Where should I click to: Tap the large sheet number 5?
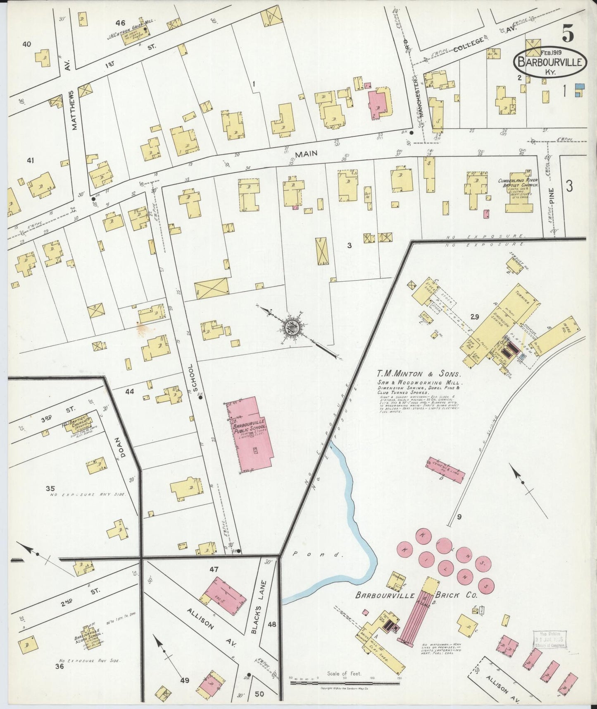(568, 34)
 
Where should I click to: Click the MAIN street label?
(306, 154)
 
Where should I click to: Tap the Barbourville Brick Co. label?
(416, 596)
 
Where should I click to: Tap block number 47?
(214, 570)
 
